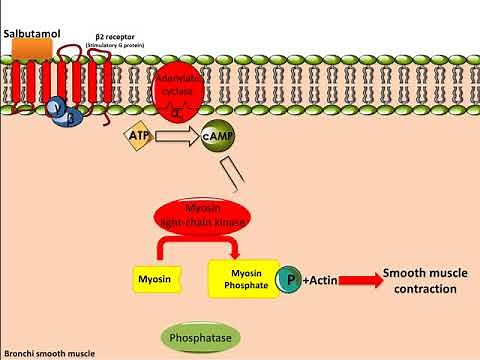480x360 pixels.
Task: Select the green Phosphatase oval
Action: (x=200, y=337)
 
